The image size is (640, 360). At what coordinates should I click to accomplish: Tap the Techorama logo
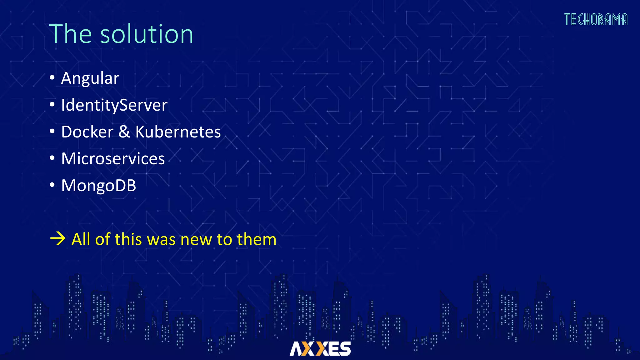pos(596,19)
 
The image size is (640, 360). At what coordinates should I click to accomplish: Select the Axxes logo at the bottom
pos(320,348)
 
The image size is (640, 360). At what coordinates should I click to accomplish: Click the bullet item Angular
pos(90,78)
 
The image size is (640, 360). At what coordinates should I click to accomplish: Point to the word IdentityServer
pos(114,105)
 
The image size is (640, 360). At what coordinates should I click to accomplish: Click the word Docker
pos(87,132)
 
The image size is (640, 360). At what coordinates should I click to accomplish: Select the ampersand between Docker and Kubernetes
pos(124,132)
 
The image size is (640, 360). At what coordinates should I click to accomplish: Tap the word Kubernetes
pos(178,132)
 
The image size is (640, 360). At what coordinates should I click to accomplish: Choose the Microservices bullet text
pos(113,159)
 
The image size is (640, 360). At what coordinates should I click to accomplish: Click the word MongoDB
pos(98,186)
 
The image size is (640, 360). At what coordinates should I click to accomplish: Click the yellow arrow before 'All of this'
pos(58,239)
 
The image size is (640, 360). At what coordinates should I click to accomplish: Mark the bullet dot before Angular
pos(52,77)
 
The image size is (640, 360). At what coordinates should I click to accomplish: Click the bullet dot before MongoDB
pos(52,185)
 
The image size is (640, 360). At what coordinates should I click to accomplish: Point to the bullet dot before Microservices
pos(52,158)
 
